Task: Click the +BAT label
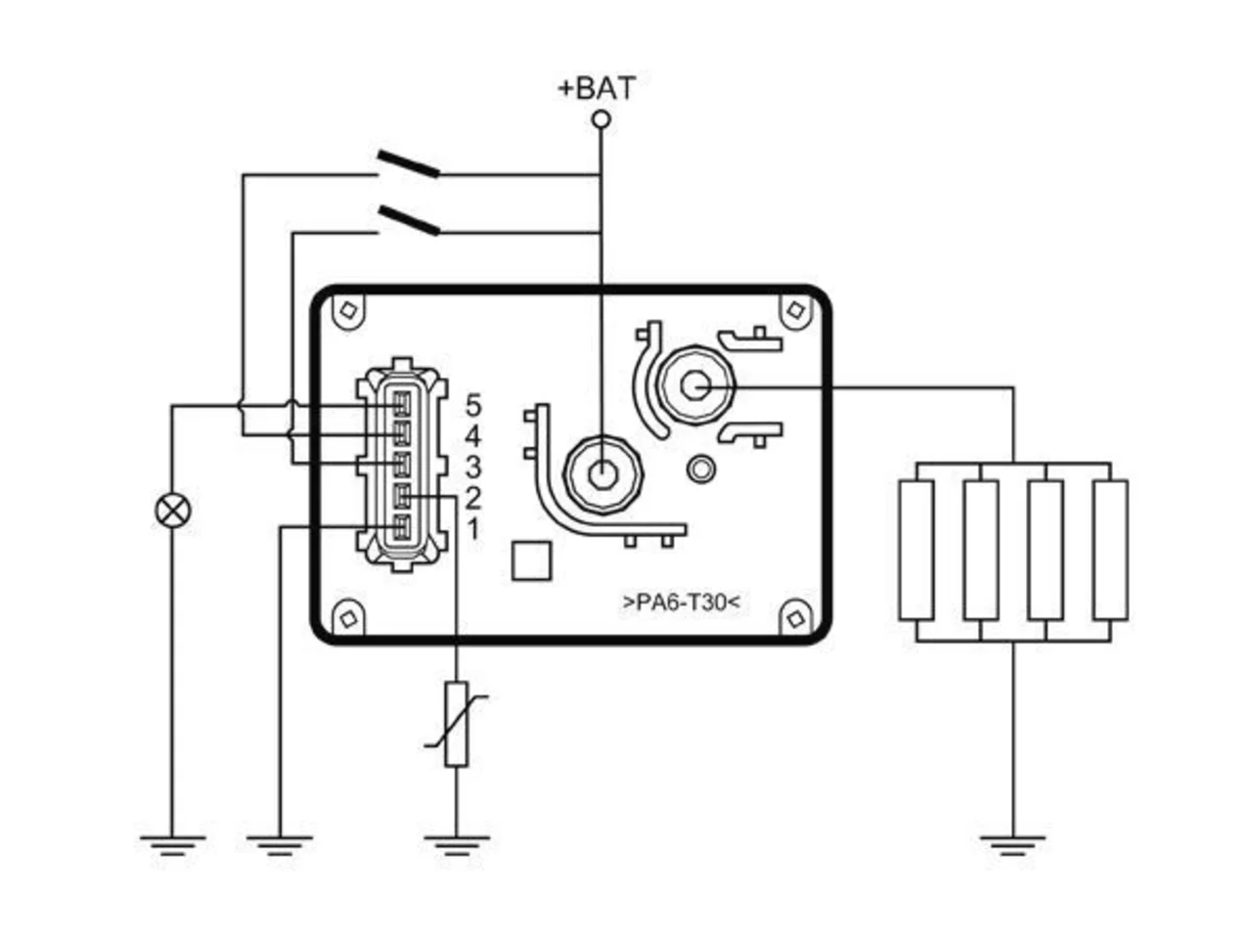[597, 88]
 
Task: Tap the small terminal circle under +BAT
[602, 119]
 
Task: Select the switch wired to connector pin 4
[409, 164]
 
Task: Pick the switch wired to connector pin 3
[409, 221]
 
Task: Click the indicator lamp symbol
[173, 511]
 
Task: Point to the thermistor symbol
[457, 724]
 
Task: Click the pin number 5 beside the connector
[473, 405]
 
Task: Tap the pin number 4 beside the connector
[473, 436]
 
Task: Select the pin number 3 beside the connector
[473, 468]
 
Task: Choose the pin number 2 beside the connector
[473, 499]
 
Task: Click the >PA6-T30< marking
[682, 603]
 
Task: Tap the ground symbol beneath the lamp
[173, 846]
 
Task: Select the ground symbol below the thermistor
[457, 846]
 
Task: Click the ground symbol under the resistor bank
[1012, 846]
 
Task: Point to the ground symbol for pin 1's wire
[280, 846]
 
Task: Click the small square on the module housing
[531, 561]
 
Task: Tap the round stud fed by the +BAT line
[603, 474]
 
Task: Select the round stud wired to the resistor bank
[695, 386]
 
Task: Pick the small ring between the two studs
[701, 469]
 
